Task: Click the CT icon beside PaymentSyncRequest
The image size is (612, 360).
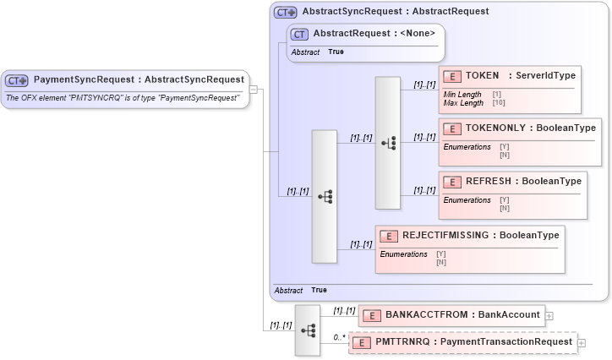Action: [17, 80]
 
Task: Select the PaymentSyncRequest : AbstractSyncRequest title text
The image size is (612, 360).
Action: [139, 80]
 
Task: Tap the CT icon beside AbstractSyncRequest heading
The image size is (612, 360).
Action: [286, 12]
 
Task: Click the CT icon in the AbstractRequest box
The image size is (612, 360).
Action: [299, 34]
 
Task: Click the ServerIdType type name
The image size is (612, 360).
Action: [542, 76]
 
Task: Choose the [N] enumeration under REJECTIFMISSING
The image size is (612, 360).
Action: [441, 262]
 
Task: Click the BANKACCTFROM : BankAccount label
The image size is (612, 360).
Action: [462, 315]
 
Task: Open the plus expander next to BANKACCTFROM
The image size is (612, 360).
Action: [550, 316]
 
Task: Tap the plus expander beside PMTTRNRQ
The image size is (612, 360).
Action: [582, 342]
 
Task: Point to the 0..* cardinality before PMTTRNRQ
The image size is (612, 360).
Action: [339, 337]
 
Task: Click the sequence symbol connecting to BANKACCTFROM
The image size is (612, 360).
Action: [307, 330]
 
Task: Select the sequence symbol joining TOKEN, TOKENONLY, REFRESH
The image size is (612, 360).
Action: [388, 143]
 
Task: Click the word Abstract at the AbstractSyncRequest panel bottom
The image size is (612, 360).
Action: [288, 290]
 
